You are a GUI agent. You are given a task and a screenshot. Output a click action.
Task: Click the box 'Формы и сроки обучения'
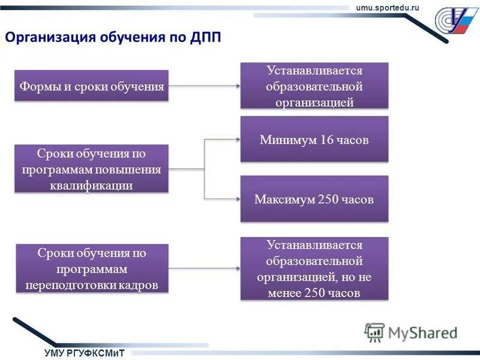click(x=91, y=86)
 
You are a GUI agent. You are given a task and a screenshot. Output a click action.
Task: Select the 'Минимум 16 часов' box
click(x=314, y=140)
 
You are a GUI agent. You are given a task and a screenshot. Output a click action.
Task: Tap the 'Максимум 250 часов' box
click(x=314, y=199)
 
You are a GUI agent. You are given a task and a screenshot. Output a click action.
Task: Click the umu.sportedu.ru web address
click(x=388, y=7)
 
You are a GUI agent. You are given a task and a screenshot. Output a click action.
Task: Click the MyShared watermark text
click(x=422, y=332)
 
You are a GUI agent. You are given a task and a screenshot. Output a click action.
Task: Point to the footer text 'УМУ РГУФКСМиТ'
click(x=84, y=353)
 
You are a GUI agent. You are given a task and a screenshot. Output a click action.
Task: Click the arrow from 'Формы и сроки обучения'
click(x=204, y=86)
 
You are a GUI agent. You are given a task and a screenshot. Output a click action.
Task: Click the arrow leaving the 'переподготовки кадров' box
click(x=204, y=268)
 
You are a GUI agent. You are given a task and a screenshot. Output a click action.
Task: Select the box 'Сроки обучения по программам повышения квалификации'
click(x=91, y=169)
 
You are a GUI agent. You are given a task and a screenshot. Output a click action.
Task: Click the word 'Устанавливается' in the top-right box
click(x=314, y=71)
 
